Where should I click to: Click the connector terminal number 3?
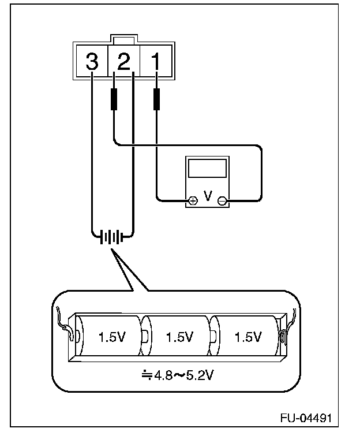(92, 61)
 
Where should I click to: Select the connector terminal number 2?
(123, 61)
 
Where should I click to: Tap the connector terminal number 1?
(156, 61)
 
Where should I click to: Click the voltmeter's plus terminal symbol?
(193, 200)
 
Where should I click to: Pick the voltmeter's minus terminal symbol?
(222, 200)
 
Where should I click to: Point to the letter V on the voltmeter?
(208, 196)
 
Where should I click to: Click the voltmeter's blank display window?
(208, 168)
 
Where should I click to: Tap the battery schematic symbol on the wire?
(112, 236)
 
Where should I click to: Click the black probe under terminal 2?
(114, 99)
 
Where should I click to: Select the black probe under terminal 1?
(156, 99)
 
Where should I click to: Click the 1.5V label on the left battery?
(112, 337)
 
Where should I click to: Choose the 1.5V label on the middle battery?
(180, 337)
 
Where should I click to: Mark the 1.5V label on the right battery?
(247, 337)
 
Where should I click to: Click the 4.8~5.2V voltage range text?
(184, 375)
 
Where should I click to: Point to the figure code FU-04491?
(306, 418)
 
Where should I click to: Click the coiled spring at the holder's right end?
(283, 337)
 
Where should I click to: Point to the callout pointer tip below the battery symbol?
(111, 249)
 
